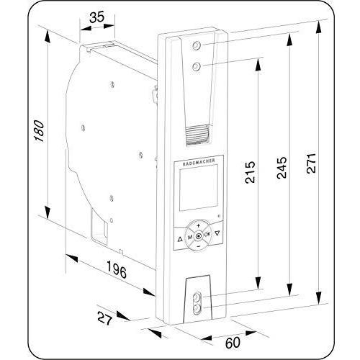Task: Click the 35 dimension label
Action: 97,17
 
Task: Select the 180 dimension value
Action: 39,131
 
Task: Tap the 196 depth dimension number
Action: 117,269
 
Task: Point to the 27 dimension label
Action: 105,318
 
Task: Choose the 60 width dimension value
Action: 233,343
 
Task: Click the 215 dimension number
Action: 250,173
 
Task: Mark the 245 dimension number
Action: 282,168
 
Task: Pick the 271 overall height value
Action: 311,163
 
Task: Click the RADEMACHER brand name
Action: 199,162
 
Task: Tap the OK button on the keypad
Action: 207,234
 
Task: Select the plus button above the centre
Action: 198,225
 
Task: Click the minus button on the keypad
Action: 198,246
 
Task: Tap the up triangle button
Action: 180,239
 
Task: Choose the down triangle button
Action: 217,233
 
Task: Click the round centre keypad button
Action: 199,236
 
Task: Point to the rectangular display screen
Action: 199,188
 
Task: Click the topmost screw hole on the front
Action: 197,45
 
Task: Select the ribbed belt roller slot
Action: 197,135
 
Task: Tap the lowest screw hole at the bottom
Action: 197,307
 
